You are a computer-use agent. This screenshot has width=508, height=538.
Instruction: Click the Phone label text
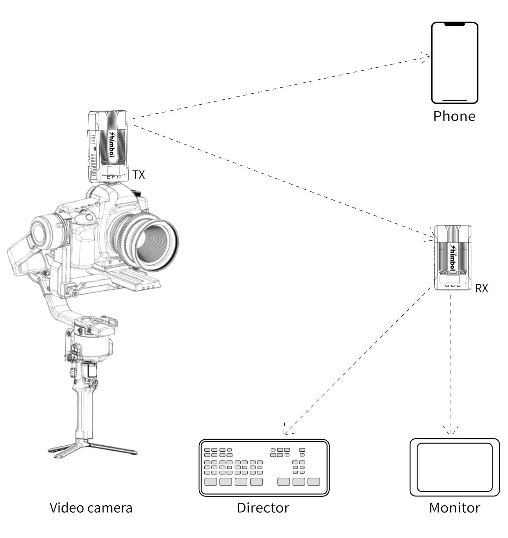click(454, 116)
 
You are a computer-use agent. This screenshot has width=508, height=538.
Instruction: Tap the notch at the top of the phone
click(454, 25)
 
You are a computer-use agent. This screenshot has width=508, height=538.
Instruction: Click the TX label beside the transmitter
click(138, 174)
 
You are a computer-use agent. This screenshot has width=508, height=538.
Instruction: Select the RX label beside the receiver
click(481, 288)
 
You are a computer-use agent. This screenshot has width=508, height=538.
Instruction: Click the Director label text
click(263, 508)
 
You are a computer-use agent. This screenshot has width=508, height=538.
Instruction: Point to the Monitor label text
click(454, 508)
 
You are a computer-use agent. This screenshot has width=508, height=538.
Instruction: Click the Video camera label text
click(91, 508)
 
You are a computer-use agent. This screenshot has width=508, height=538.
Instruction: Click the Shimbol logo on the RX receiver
click(452, 258)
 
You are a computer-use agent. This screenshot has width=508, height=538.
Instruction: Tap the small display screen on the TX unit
click(113, 171)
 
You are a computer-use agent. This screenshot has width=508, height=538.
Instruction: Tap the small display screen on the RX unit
click(453, 280)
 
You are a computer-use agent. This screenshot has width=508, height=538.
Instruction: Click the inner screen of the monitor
click(454, 467)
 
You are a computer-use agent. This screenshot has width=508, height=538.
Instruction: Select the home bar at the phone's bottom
click(454, 100)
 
